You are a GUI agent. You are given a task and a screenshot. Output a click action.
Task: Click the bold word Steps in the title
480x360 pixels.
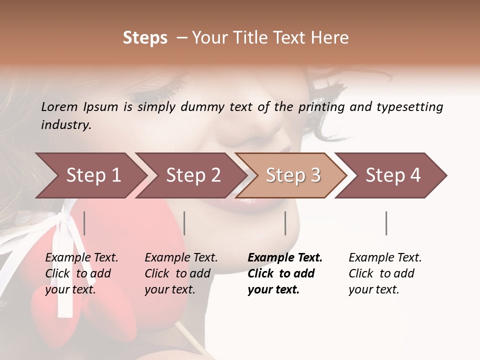(145, 38)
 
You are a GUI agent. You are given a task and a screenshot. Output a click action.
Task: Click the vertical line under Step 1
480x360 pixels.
(84, 223)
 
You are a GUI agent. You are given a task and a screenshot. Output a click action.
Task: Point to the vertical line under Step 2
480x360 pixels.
(184, 223)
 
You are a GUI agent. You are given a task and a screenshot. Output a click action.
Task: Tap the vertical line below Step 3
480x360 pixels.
(285, 223)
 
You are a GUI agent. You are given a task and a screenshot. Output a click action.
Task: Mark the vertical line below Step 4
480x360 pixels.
(386, 223)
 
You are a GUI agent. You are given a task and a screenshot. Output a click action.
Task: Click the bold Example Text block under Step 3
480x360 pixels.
(285, 273)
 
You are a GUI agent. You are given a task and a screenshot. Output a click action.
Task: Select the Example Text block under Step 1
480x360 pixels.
(81, 273)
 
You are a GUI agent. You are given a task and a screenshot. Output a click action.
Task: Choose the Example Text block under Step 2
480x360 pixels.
(181, 273)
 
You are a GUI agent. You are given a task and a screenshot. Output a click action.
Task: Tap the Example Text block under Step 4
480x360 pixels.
(385, 273)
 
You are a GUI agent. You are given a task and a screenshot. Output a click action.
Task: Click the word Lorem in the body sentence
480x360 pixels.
(59, 106)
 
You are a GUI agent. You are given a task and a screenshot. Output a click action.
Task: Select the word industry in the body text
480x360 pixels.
(66, 125)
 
